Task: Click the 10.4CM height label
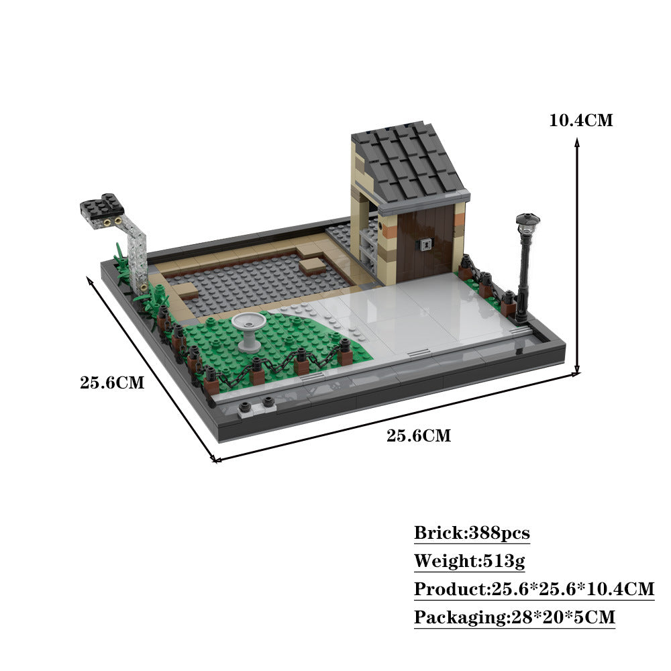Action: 580,121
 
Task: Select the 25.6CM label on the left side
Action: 112,383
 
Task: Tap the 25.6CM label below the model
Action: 419,435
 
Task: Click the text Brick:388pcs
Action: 472,533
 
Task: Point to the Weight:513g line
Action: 470,561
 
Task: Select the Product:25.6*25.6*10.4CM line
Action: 533,589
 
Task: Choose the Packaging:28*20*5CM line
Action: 514,617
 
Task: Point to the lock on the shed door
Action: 423,246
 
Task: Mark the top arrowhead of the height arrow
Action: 576,140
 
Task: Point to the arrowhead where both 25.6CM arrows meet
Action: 214,459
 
